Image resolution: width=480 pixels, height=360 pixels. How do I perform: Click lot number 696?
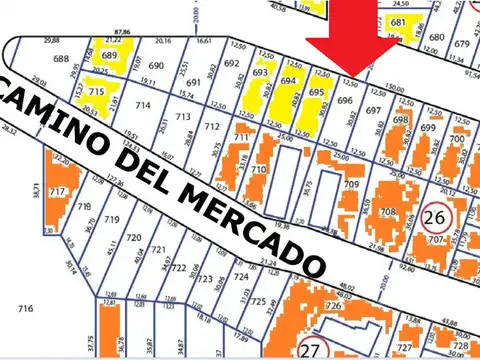click(345, 101)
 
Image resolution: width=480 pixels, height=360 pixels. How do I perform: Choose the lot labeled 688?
click(62, 60)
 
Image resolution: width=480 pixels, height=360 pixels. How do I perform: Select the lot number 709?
click(351, 185)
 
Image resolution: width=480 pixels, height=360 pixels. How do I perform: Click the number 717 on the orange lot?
click(57, 190)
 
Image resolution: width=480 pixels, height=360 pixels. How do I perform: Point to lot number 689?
click(110, 55)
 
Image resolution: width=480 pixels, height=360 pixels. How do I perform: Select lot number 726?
click(333, 303)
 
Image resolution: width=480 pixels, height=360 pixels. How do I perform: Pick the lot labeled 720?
click(135, 240)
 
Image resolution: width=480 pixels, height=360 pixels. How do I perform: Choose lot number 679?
click(461, 45)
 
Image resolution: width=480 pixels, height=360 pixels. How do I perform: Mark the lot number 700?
click(457, 139)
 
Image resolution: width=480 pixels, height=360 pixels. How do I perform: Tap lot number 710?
click(257, 171)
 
